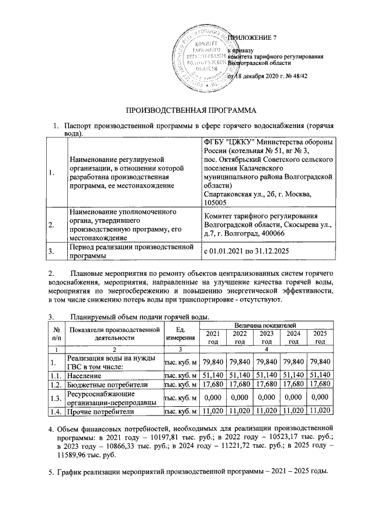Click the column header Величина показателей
tap(266, 324)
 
